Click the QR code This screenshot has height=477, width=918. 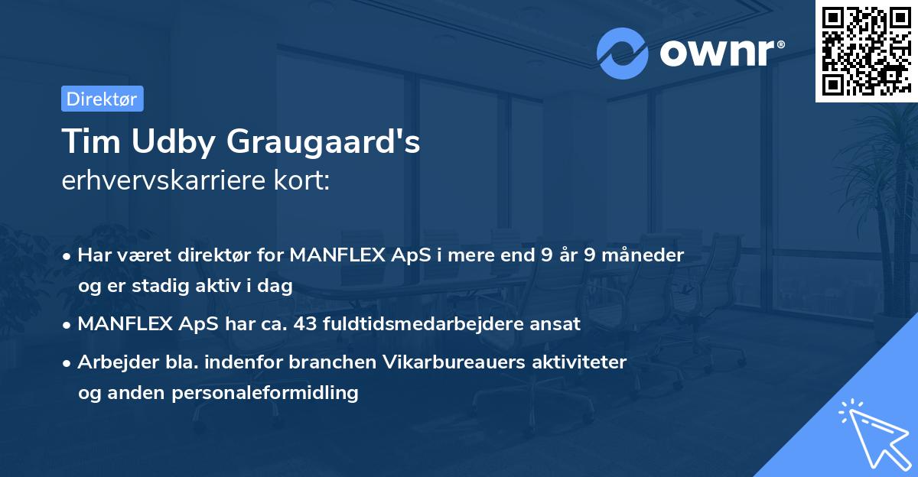866,50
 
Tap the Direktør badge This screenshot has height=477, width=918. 102,99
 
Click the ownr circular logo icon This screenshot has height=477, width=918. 623,53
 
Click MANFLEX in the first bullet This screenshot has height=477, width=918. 334,255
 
